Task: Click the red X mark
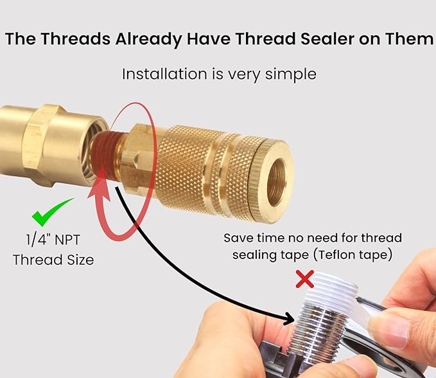pos(304,279)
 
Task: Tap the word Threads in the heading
pos(76,39)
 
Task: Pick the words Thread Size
pos(55,260)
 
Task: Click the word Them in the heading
pos(406,39)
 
